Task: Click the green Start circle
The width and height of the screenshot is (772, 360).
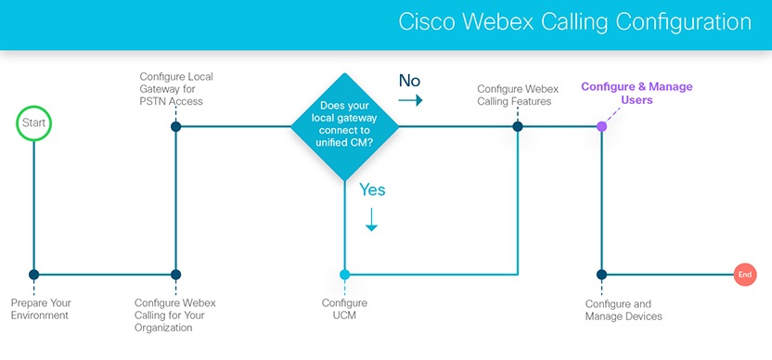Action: [x=33, y=123]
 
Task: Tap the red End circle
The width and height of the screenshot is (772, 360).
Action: [x=744, y=275]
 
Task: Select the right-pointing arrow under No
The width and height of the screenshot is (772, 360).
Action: [x=411, y=100]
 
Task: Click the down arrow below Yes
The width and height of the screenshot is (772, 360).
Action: [x=371, y=220]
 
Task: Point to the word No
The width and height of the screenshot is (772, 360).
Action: [x=409, y=80]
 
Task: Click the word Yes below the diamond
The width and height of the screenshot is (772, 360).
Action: [x=371, y=190]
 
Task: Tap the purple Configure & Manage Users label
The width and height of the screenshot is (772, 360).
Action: [x=637, y=93]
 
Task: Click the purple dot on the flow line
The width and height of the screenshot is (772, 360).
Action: [x=601, y=125]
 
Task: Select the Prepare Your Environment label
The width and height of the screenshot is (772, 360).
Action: [x=42, y=309]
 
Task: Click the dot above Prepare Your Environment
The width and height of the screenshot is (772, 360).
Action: [x=34, y=275]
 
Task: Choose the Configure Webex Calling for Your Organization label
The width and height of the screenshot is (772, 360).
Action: [x=176, y=315]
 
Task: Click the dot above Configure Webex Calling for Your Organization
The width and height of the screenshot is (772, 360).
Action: [x=176, y=275]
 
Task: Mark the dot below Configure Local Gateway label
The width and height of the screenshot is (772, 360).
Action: [x=176, y=125]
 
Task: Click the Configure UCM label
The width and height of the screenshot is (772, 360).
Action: [x=344, y=309]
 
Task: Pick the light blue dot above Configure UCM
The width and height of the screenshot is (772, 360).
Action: [x=345, y=275]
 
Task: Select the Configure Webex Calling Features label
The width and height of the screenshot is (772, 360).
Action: [x=514, y=95]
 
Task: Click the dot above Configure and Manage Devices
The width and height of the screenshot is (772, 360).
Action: [x=601, y=275]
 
